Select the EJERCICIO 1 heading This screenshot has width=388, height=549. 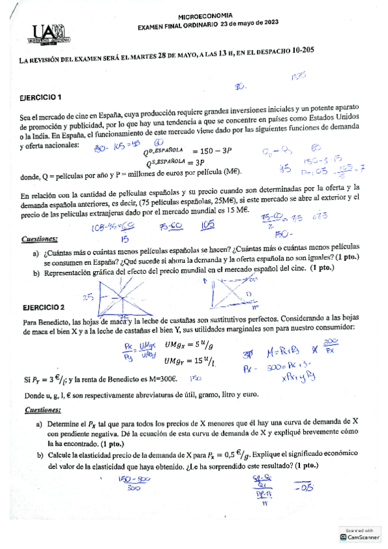[x=41, y=98]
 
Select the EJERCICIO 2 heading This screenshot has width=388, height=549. [x=43, y=306]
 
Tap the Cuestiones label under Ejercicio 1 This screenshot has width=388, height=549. [x=40, y=238]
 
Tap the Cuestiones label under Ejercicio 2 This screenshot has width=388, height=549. [x=42, y=410]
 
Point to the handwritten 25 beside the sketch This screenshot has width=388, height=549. [x=88, y=297]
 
